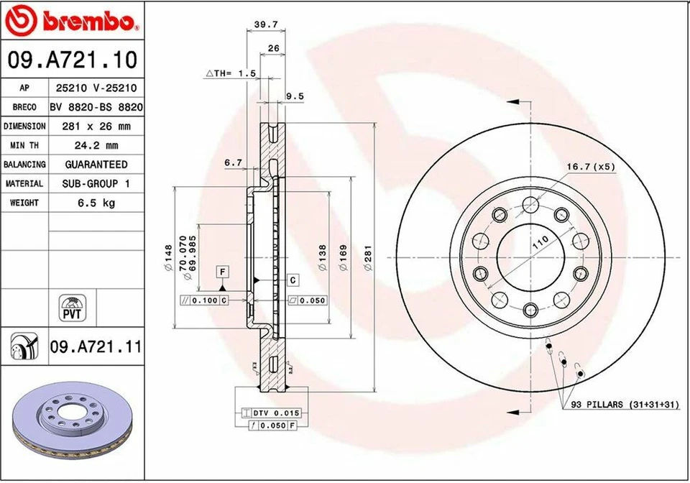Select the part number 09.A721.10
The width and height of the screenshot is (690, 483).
click(x=72, y=60)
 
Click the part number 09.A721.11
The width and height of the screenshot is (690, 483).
click(x=95, y=348)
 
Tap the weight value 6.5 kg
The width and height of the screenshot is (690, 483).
click(x=96, y=203)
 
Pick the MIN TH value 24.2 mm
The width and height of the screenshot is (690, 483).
click(x=96, y=145)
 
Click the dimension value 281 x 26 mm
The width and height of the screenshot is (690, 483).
click(x=96, y=126)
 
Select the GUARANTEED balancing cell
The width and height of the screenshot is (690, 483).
click(x=96, y=165)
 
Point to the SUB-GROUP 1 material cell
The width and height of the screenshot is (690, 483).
click(x=96, y=184)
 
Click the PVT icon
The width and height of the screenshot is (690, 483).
click(x=71, y=308)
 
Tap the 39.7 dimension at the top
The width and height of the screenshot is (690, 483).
click(x=266, y=24)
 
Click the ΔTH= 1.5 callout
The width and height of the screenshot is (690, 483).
click(x=231, y=73)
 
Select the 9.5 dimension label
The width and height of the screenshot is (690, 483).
click(x=295, y=96)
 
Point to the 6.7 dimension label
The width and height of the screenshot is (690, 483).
click(x=233, y=163)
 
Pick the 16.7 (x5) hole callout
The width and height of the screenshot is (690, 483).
click(x=589, y=166)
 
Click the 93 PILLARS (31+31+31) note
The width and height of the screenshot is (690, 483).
click(x=625, y=405)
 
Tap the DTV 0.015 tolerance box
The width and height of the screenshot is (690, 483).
click(x=272, y=413)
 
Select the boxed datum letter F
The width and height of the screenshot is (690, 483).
click(x=223, y=272)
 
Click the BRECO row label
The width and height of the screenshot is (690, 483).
click(x=24, y=107)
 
